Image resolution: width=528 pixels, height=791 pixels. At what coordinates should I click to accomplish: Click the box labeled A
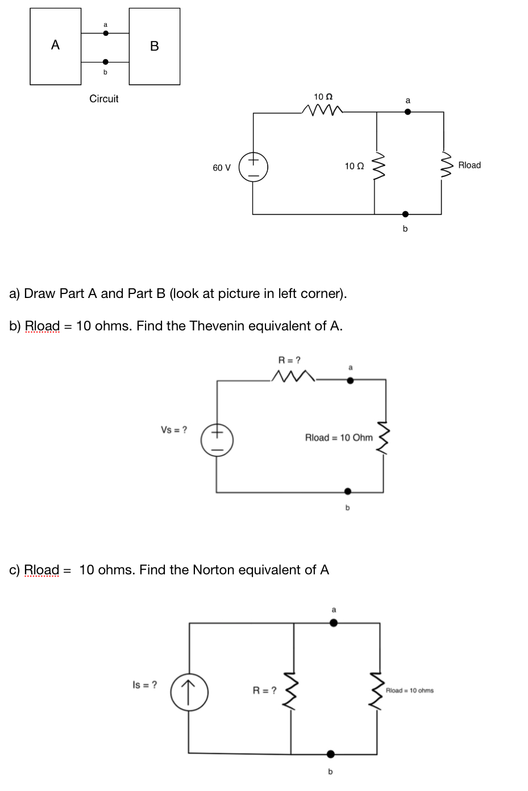[x=55, y=46]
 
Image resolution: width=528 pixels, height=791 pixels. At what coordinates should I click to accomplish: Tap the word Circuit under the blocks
[x=104, y=98]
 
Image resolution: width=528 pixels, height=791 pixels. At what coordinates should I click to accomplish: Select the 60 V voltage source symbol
[x=253, y=167]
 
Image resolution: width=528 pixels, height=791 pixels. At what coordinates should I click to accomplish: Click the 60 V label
[x=222, y=168]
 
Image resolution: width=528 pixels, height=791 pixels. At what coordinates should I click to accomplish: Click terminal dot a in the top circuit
[x=407, y=111]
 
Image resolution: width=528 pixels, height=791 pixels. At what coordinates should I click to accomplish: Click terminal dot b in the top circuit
[x=405, y=214]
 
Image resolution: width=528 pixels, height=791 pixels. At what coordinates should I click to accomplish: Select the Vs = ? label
[x=175, y=429]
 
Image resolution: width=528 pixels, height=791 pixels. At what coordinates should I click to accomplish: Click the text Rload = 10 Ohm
[x=339, y=437]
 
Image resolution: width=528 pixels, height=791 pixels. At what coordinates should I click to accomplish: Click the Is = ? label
[x=145, y=685]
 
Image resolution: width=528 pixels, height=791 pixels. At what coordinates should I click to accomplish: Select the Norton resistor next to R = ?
[x=292, y=689]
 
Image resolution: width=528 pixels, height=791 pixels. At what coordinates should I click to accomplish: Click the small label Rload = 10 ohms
[x=409, y=690]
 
